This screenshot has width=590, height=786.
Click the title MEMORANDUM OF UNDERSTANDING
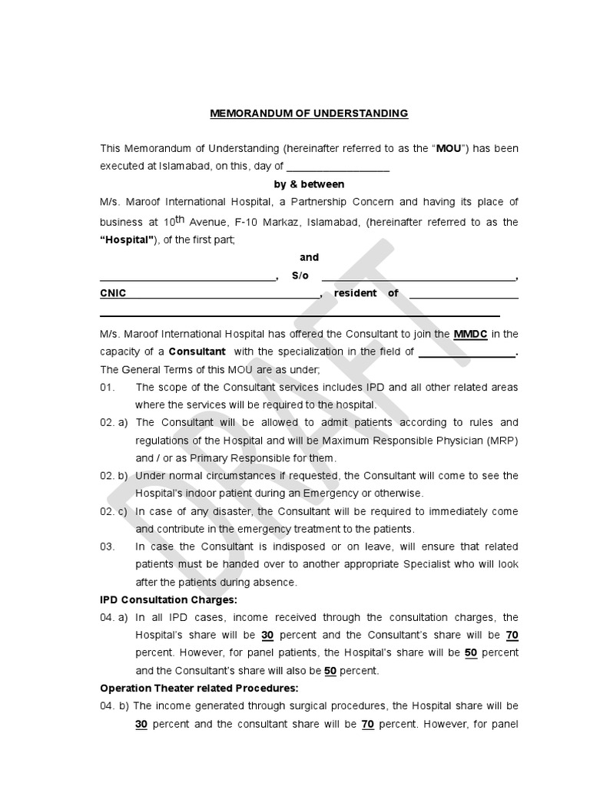pyautogui.click(x=309, y=114)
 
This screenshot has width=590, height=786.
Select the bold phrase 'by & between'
pyautogui.click(x=309, y=184)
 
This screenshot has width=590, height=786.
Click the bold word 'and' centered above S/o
pyautogui.click(x=309, y=257)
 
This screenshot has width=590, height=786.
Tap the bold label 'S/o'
pyautogui.click(x=300, y=276)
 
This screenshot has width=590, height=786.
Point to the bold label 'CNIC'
pyautogui.click(x=113, y=293)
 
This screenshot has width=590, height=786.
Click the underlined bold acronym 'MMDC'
pyautogui.click(x=470, y=334)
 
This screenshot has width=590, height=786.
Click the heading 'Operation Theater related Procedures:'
pyautogui.click(x=199, y=688)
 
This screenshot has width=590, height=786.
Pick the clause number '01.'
pyautogui.click(x=107, y=387)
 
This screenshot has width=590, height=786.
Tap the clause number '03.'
pyautogui.click(x=107, y=547)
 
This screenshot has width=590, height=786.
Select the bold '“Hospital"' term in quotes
pyautogui.click(x=128, y=240)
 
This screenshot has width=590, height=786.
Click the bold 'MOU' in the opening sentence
pyautogui.click(x=449, y=148)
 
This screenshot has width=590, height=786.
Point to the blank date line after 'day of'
pyautogui.click(x=338, y=167)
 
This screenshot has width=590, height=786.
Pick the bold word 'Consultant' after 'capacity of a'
pyautogui.click(x=197, y=352)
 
